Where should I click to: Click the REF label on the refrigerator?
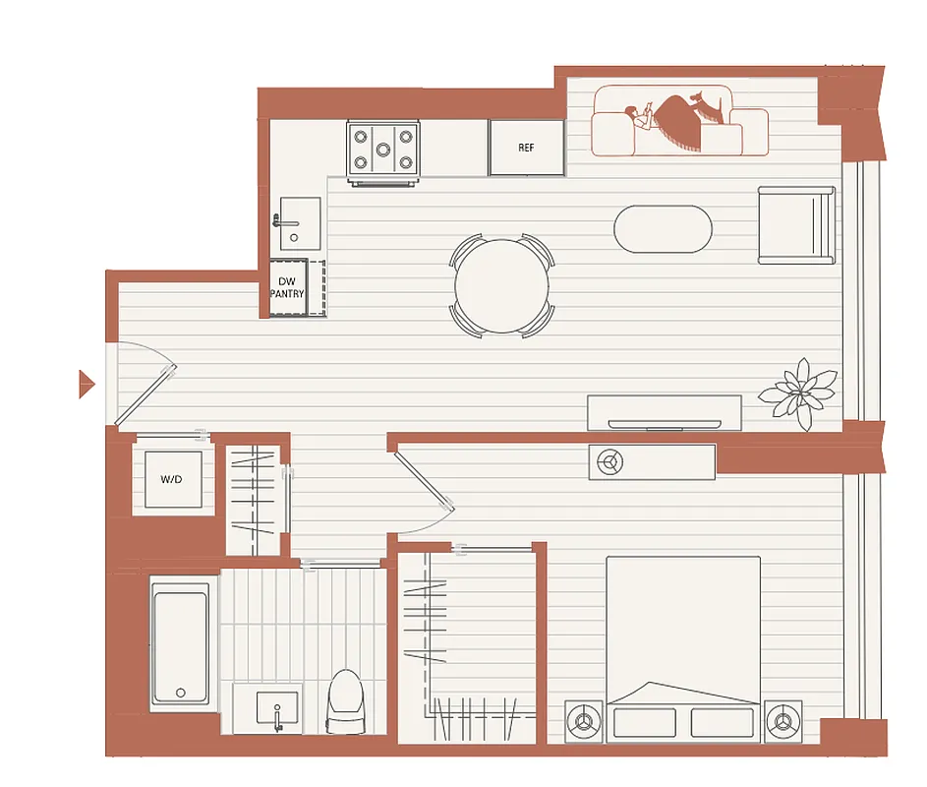[526, 148]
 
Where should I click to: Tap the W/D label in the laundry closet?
[173, 480]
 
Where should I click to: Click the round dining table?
[501, 287]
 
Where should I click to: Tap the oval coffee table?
[663, 229]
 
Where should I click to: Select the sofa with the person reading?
[678, 123]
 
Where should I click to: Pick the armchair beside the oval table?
[795, 225]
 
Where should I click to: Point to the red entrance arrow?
[86, 384]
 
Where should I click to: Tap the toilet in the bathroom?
[345, 700]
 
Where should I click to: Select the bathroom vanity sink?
[276, 708]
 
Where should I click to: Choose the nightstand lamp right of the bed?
[783, 721]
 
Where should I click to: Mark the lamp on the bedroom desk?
[610, 460]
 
